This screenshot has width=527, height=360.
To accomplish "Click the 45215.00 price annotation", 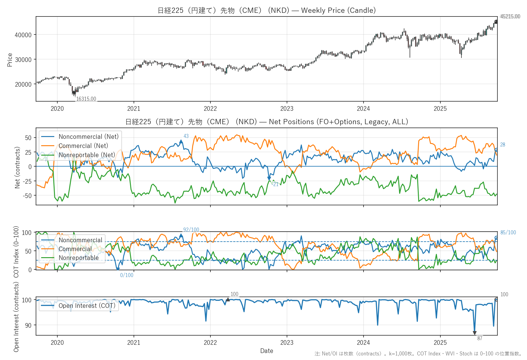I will (x=510, y=16).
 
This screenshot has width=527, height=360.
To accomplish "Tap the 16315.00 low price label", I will (x=86, y=99).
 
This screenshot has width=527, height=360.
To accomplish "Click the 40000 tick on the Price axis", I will (x=23, y=35).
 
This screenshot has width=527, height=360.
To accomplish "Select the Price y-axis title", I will (x=10, y=60).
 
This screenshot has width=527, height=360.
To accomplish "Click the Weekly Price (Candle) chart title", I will (x=267, y=10).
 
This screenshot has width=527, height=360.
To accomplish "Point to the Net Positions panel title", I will (x=267, y=122).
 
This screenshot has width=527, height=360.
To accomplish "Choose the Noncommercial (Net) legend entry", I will (x=88, y=137).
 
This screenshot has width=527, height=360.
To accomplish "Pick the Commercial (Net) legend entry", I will (x=83, y=146).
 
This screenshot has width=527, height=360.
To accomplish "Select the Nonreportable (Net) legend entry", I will (x=87, y=155).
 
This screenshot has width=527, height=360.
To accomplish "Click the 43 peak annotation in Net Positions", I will (x=186, y=136).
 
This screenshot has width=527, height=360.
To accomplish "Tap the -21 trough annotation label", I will (x=275, y=184).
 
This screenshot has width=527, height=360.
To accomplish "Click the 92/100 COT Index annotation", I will (x=191, y=230).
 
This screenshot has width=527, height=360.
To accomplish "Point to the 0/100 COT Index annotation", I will (x=127, y=275).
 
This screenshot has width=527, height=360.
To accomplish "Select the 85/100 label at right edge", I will (x=508, y=232).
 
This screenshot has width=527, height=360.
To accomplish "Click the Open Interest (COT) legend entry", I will (x=87, y=306).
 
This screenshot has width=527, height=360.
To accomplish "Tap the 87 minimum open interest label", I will (x=480, y=338).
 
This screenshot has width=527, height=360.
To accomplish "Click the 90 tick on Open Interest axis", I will (x=28, y=325).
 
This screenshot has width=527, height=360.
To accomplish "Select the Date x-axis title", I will (x=267, y=351).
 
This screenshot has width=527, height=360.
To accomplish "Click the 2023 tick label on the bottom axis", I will (x=287, y=343).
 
